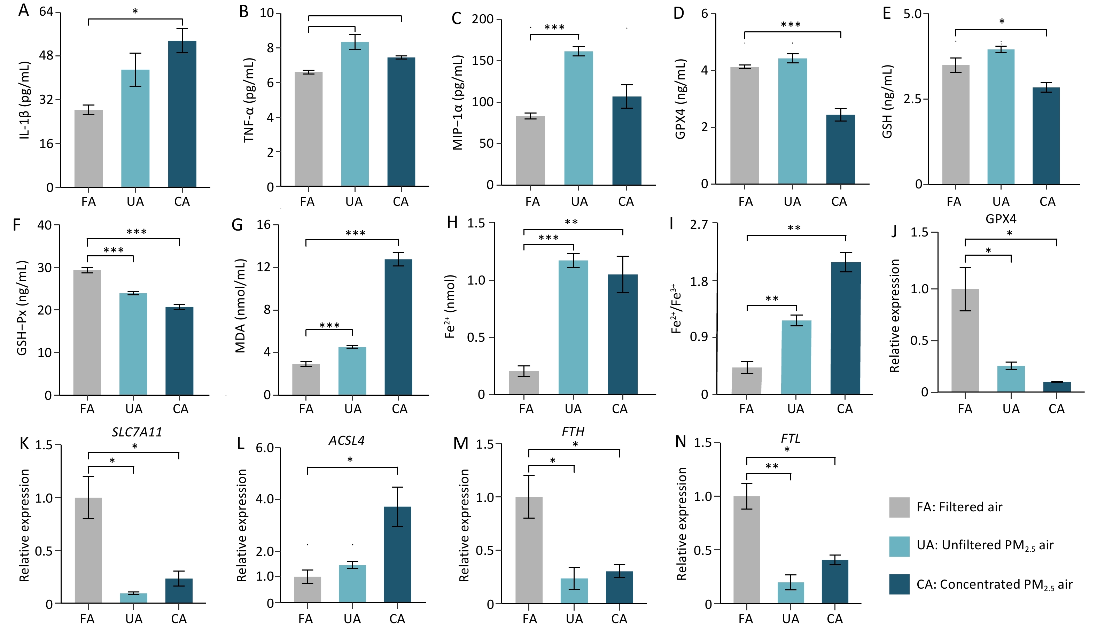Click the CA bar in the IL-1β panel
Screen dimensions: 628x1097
tap(182, 114)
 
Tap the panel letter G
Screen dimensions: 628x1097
tap(237, 225)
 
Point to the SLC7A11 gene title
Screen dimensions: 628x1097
tap(137, 432)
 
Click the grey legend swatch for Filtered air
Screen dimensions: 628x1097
tap(899, 507)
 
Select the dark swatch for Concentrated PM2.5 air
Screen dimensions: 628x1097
tap(899, 584)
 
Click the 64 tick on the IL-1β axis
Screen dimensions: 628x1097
tap(46, 11)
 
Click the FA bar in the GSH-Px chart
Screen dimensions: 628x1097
tap(87, 333)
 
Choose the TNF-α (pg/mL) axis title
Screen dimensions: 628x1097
tap(249, 100)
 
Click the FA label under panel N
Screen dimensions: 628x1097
tap(746, 619)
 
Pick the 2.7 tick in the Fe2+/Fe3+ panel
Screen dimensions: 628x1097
tap(699, 225)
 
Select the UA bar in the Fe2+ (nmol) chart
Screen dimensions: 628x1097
tap(573, 327)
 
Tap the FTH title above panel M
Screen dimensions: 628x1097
tap(573, 431)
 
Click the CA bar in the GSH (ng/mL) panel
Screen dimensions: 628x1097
tap(1046, 136)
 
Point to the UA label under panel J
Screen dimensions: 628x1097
tap(1011, 409)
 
